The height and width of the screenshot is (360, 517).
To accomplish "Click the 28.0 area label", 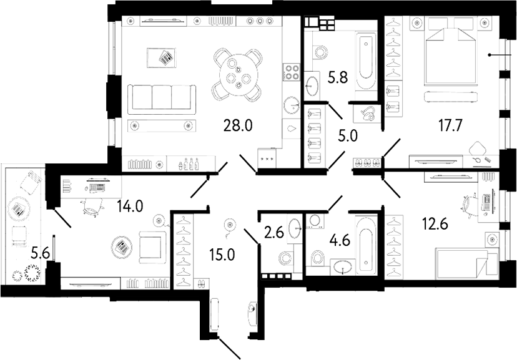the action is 237,125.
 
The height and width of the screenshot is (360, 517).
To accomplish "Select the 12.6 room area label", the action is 435,225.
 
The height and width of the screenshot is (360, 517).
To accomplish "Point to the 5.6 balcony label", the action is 40,253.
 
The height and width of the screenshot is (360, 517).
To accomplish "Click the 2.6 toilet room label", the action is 274,233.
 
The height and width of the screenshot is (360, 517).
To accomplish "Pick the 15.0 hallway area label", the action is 222,254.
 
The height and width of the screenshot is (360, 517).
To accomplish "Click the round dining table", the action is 237,75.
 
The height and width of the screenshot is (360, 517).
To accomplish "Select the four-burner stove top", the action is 292,72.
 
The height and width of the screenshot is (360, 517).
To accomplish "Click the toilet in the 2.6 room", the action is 285,258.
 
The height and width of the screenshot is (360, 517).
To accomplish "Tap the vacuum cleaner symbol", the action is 369,114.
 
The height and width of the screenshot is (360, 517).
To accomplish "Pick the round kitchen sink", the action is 292,105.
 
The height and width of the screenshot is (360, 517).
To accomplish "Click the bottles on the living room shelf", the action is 189,163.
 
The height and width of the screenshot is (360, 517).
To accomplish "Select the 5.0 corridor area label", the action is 348,135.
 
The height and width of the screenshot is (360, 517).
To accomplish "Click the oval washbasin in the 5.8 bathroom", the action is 311,86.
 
